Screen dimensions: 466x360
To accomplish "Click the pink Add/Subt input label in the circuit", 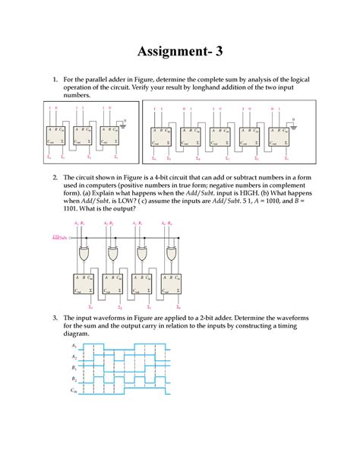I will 60,237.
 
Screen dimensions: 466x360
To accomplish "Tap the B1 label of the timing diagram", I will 74,367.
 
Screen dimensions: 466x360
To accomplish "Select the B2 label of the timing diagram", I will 74,379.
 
